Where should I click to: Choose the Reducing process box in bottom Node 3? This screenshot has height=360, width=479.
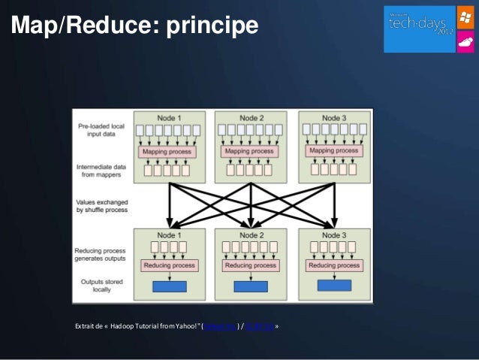pos(334,265)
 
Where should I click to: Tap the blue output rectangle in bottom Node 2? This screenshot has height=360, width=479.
pos(251,286)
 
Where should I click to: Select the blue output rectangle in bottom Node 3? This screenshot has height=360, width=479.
pos(334,286)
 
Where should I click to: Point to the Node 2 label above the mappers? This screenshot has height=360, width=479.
pos(251,118)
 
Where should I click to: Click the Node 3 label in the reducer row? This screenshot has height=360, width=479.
pos(334,234)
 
